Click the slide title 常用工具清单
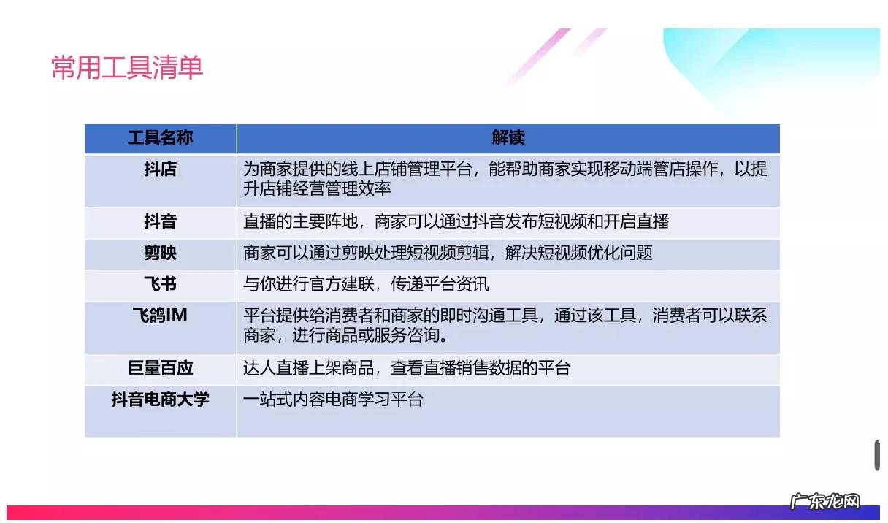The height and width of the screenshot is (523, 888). click(127, 68)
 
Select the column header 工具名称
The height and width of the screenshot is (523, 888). click(160, 138)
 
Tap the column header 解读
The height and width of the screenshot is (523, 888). click(508, 138)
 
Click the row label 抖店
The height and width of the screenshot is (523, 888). click(160, 169)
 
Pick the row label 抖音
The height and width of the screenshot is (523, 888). click(160, 222)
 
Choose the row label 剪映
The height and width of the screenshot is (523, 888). click(160, 253)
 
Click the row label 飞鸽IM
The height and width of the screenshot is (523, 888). click(160, 316)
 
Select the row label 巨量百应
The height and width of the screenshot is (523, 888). click(160, 368)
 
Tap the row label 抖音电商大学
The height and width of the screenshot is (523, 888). click(160, 400)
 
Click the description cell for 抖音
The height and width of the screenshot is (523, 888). click(456, 222)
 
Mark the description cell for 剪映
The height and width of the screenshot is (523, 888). click(448, 253)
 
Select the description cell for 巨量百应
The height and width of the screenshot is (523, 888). click(406, 368)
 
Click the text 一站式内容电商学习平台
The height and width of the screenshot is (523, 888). click(333, 400)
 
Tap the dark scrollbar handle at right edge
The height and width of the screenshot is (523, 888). click(877, 455)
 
